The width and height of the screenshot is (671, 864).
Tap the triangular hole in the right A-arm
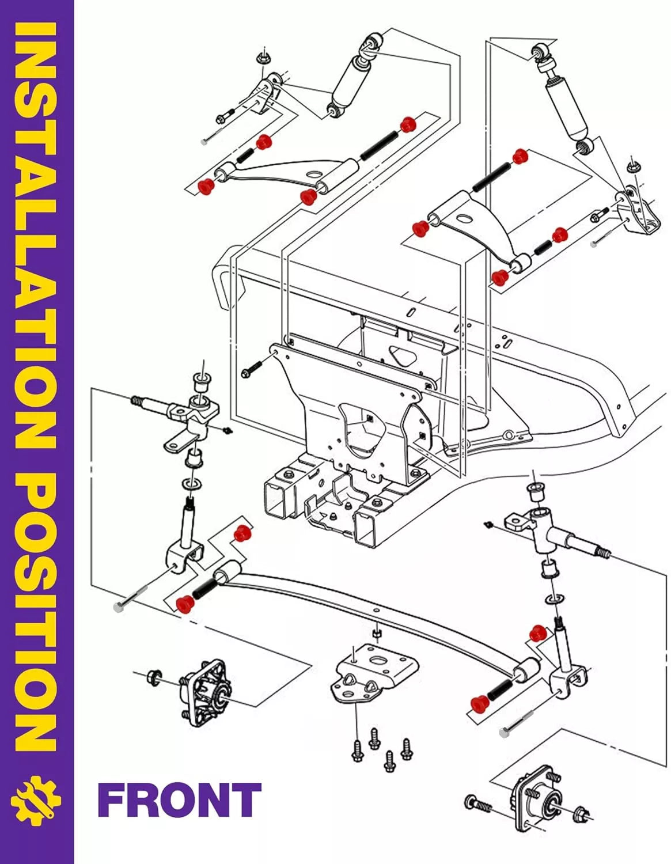click(x=464, y=217)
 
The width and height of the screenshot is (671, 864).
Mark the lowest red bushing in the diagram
click(x=476, y=704)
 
